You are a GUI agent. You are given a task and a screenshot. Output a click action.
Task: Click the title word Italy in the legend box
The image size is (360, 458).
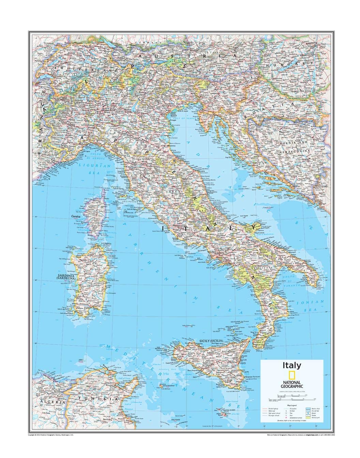tap(291, 366)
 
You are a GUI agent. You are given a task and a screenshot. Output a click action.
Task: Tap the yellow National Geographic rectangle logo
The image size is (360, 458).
tap(291, 376)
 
